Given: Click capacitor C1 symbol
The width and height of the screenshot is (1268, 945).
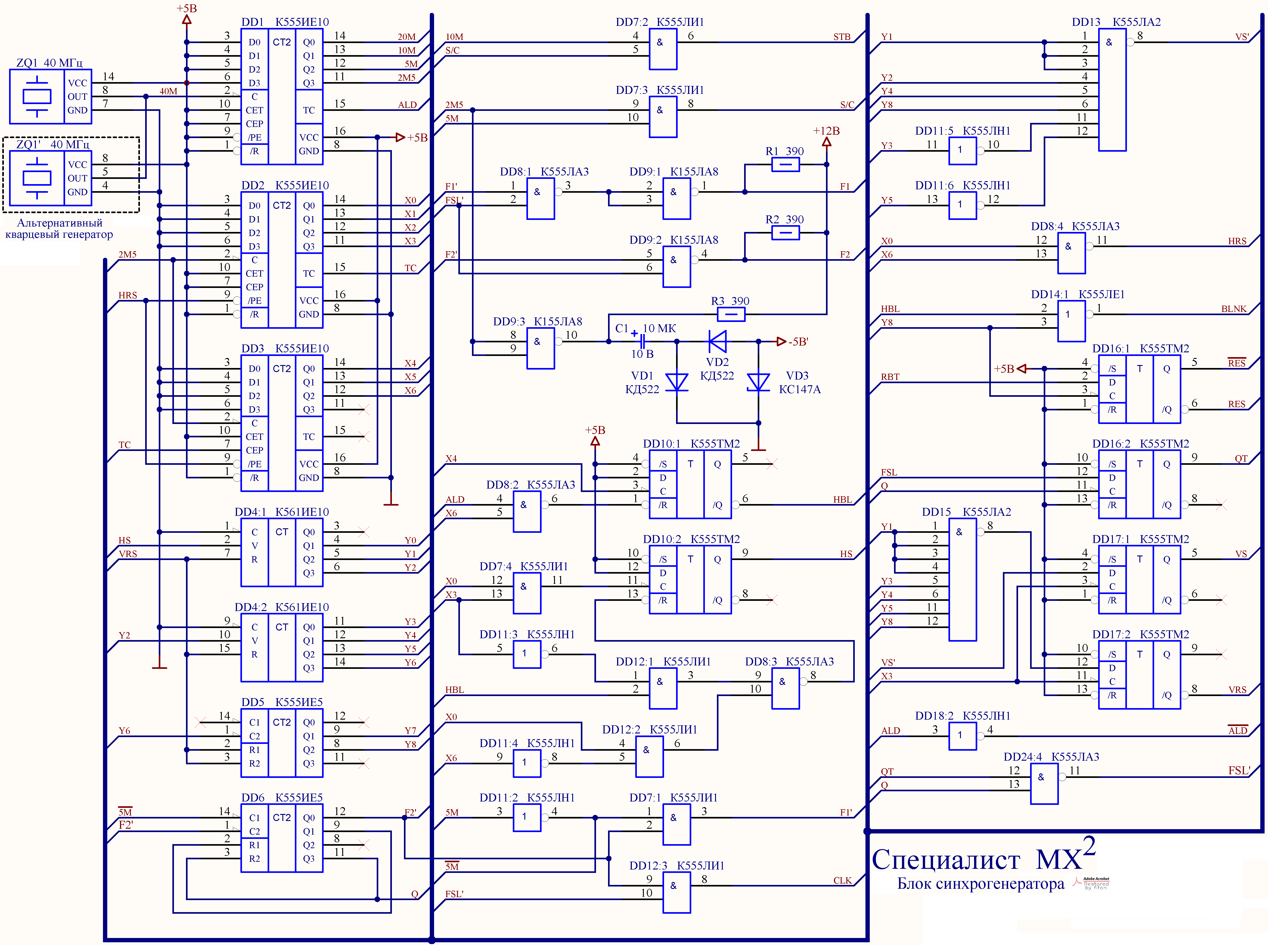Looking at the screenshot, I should coord(643,341).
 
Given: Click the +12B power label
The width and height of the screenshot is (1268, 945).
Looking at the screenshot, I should coord(826,131).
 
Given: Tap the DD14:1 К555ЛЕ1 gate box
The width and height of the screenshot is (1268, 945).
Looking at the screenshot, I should coord(1071,321).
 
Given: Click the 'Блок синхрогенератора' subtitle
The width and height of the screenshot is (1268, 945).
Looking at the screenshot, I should coord(980,884).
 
